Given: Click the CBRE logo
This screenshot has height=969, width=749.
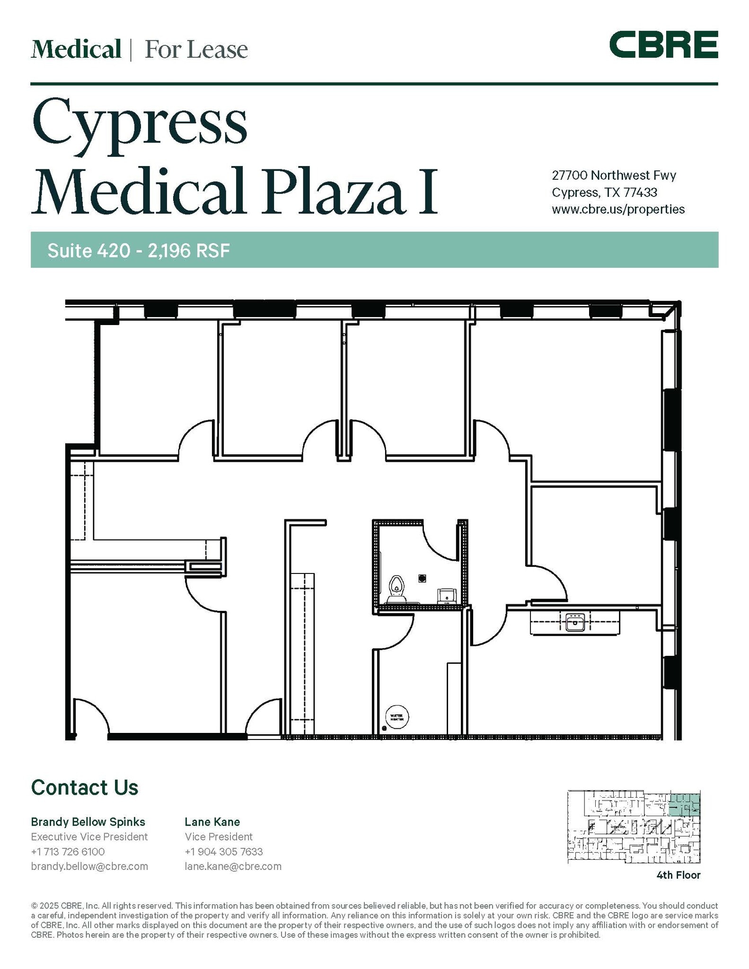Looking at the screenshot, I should tap(663, 44).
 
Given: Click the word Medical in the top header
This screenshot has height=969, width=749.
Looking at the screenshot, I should tap(76, 49).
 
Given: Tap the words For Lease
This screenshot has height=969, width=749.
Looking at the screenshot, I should tap(196, 50).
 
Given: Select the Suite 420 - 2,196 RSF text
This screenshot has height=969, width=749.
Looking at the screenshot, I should tap(138, 250).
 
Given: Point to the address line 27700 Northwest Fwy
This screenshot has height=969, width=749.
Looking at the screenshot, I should tap(614, 175).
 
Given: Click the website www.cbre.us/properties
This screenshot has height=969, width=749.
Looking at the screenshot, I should tap(618, 209).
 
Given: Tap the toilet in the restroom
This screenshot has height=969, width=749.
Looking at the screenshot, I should tap(397, 589).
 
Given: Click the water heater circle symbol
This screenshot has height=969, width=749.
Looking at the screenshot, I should tap(397, 717).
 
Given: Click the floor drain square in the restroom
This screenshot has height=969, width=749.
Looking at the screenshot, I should tap(423, 578).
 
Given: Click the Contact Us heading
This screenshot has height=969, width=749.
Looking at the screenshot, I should tap(85, 788).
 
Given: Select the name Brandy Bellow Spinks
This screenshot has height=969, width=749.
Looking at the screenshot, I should tap(88, 822).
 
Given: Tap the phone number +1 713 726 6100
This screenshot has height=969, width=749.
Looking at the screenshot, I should tap(68, 852).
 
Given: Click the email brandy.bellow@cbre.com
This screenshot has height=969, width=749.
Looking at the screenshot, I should tap(89, 866).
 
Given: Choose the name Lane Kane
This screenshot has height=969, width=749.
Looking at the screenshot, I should tap(212, 822).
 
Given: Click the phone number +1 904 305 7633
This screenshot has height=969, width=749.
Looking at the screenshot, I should tap(223, 852).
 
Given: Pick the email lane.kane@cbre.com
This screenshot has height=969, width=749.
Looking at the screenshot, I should tap(233, 866).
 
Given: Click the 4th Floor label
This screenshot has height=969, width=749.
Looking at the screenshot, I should tap(678, 875).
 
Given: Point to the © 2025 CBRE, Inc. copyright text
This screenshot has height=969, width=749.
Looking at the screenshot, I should tap(64, 906).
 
